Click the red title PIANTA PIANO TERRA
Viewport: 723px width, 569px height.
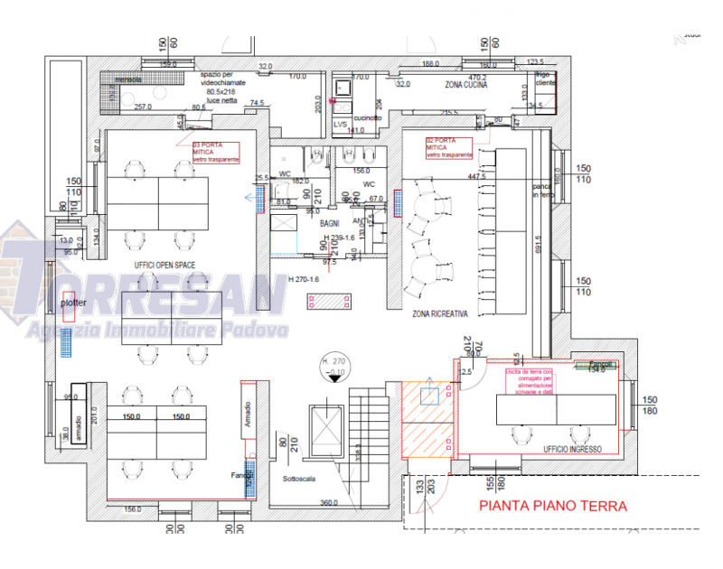[552, 507]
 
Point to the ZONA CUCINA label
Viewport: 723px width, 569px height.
[465, 84]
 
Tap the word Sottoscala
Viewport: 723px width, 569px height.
[298, 480]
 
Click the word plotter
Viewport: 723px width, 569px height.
[74, 304]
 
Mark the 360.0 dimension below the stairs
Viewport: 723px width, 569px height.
[328, 502]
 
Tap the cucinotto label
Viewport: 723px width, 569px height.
[368, 117]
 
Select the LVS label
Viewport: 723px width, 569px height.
[340, 124]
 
